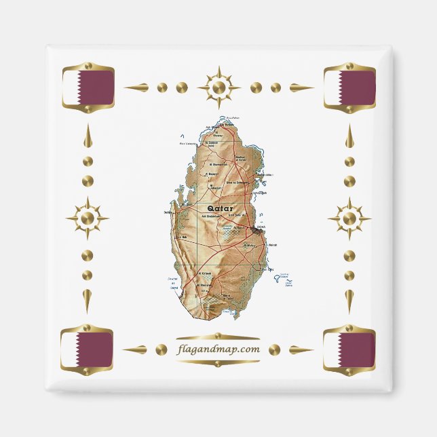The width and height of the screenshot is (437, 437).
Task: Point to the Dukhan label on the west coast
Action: (169, 213)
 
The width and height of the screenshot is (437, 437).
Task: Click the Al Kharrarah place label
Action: (205, 285)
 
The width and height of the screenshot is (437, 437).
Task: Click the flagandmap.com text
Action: (218, 349)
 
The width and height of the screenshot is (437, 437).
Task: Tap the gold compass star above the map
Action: (218, 88)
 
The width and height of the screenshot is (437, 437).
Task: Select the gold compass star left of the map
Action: (87, 218)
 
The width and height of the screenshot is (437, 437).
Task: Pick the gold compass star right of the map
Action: (349, 218)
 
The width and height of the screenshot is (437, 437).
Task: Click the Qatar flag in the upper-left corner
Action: (87, 88)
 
